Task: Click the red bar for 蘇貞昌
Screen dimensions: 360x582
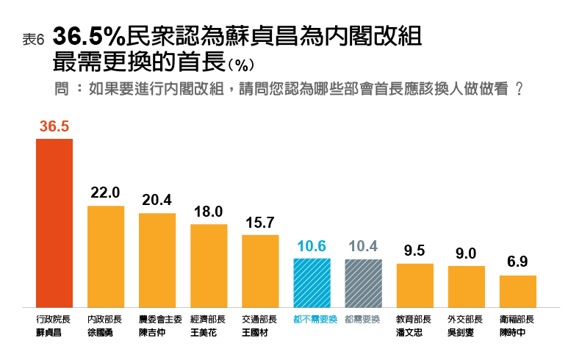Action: [54, 223]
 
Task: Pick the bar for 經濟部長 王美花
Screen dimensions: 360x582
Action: [209, 265]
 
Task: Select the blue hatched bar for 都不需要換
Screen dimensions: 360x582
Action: [312, 283]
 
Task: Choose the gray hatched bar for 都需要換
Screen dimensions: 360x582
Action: [364, 283]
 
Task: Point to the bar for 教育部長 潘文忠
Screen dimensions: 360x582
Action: [415, 285]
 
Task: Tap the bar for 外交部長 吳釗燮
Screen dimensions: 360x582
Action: [467, 287]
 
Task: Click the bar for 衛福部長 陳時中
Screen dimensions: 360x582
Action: [518, 291]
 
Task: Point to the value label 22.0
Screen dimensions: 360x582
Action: [106, 192]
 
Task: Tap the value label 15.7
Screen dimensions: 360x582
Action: [260, 222]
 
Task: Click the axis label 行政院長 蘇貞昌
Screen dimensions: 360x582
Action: [54, 325]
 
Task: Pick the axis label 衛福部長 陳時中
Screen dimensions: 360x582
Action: [517, 325]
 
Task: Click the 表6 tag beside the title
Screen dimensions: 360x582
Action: [34, 40]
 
